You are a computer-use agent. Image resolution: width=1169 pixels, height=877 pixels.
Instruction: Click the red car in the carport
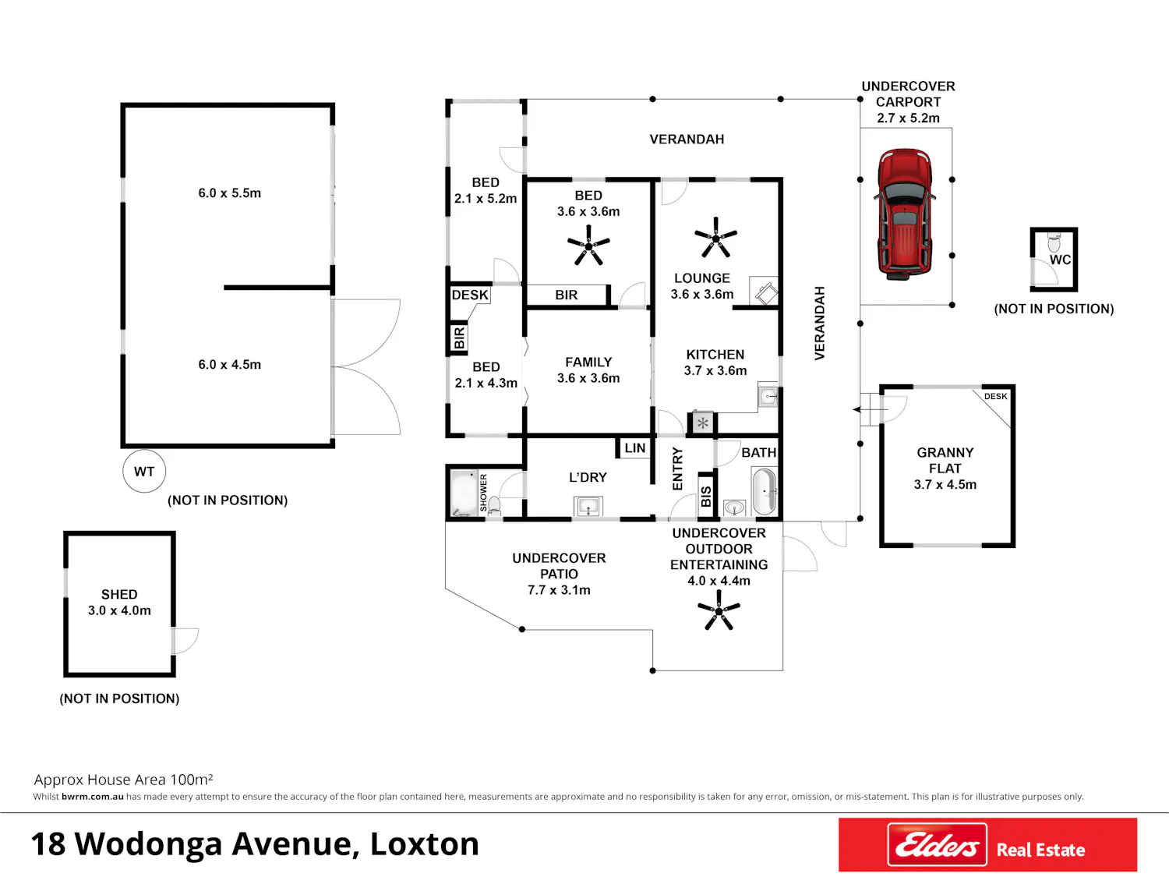[x=905, y=214]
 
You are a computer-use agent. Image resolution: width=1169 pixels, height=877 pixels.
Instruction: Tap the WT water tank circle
[x=144, y=471]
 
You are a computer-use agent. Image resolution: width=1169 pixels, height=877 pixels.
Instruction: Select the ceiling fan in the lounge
[x=715, y=237]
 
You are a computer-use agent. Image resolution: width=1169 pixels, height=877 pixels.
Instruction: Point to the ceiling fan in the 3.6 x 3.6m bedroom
[x=588, y=246]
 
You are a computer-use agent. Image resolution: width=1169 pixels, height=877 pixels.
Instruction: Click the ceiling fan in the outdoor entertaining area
[x=719, y=610]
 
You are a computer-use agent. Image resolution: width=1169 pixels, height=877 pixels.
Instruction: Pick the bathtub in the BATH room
[x=765, y=491]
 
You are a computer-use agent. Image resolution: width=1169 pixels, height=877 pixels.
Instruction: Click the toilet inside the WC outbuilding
[x=1054, y=242]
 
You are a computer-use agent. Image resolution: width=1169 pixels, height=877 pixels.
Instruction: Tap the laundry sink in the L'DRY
[x=588, y=506]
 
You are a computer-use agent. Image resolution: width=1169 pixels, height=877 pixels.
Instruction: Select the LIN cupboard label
[x=635, y=447]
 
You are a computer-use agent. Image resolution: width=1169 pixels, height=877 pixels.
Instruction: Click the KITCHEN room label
[x=715, y=354]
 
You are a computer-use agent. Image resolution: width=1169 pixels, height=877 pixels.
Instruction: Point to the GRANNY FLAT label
[x=945, y=460]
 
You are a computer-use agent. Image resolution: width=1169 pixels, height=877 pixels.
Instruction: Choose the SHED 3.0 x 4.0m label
[x=119, y=603]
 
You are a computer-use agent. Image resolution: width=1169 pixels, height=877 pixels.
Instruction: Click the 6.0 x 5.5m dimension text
[x=230, y=193]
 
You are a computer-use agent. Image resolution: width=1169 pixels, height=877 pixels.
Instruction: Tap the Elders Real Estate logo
[x=987, y=844]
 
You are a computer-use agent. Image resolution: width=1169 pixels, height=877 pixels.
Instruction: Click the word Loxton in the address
[x=425, y=844]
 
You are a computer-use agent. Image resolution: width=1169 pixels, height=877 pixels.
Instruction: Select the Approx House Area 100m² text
[x=124, y=780]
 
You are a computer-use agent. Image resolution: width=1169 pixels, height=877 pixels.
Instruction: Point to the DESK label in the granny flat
[x=995, y=396]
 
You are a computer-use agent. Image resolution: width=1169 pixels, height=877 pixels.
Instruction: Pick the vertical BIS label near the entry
[x=705, y=497]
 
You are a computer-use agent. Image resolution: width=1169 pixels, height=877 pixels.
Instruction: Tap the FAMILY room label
[x=588, y=362]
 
